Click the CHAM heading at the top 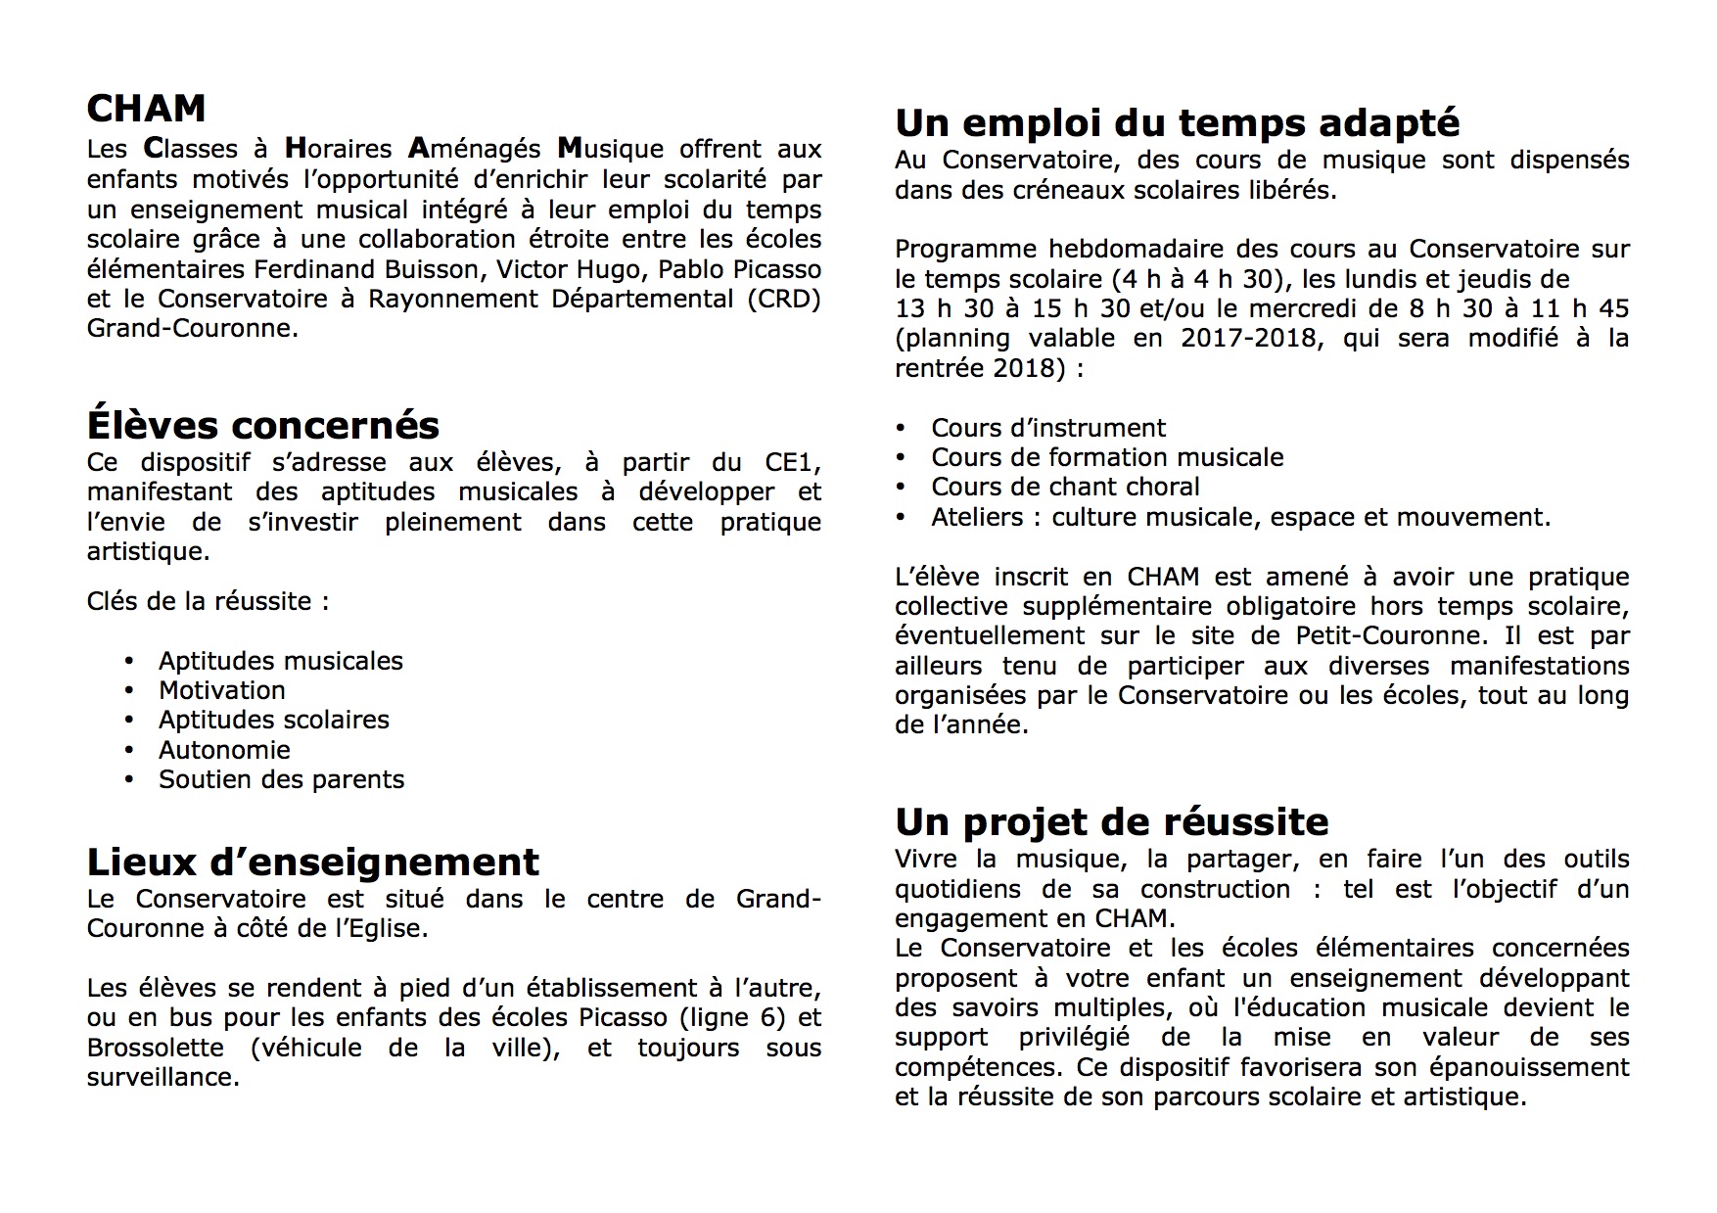(146, 109)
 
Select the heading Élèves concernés (262, 425)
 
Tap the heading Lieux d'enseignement (312, 862)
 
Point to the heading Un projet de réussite (1111, 821)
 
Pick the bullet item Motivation (222, 690)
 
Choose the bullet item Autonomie (224, 750)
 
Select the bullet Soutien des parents (281, 779)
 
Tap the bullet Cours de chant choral (1065, 487)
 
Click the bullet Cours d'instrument (1048, 428)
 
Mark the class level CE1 (793, 462)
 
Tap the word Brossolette (155, 1048)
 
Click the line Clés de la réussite (208, 601)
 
